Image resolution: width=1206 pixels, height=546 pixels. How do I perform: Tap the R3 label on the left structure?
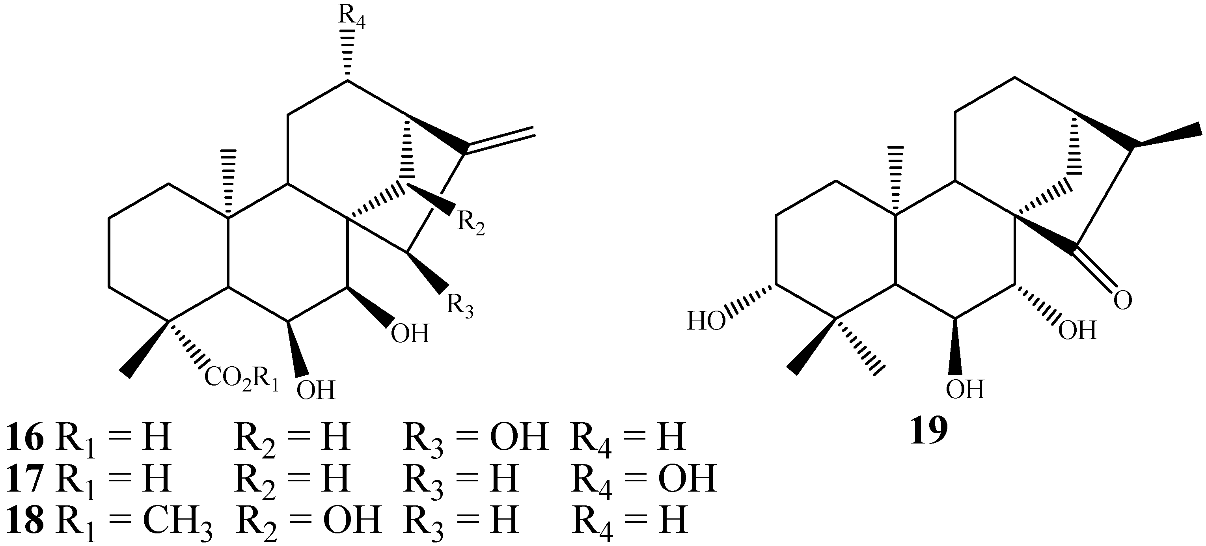coord(460,306)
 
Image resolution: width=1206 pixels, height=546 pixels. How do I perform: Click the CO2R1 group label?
coord(242,379)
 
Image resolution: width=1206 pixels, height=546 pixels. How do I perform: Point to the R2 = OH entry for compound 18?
coord(309,521)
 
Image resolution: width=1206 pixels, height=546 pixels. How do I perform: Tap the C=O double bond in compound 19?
coord(1096,271)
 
